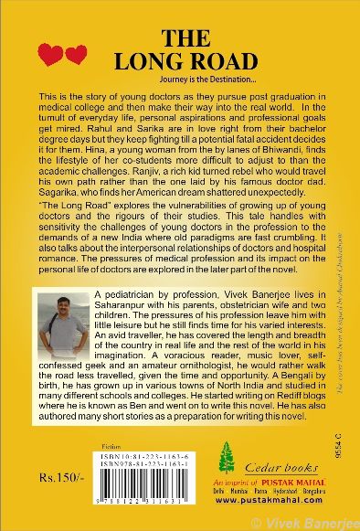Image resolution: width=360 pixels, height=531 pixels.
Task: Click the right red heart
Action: pyautogui.click(x=76, y=55)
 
